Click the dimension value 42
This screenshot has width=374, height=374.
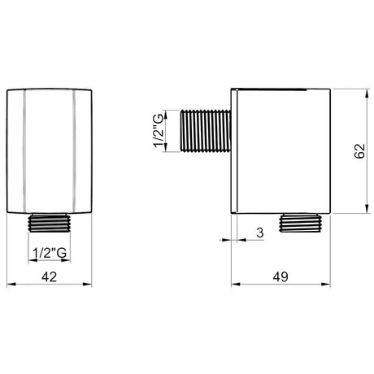click(x=50, y=276)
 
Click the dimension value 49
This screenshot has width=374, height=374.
click(x=280, y=276)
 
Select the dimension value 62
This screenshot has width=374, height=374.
click(x=360, y=151)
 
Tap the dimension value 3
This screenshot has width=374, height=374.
click(x=260, y=233)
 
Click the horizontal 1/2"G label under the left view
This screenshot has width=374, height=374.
click(x=50, y=253)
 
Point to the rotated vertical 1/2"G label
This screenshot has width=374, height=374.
click(x=159, y=131)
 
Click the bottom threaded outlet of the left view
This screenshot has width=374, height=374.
click(x=50, y=223)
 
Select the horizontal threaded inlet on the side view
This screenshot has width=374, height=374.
click(x=206, y=131)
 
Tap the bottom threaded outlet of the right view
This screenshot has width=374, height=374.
click(x=300, y=223)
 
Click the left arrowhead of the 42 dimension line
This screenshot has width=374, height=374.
click(x=11, y=285)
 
